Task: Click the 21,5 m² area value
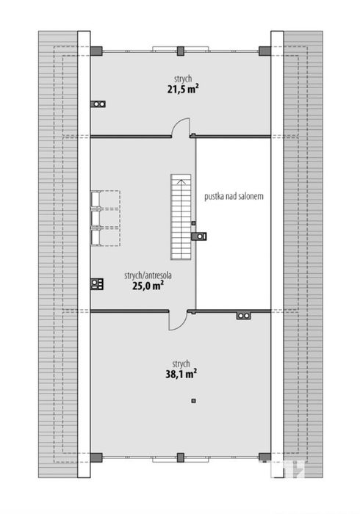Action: (184, 89)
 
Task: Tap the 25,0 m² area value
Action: (148, 286)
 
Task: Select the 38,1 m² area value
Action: (181, 374)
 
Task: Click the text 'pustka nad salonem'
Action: (234, 196)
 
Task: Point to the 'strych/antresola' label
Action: (148, 275)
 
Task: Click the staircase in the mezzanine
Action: (181, 217)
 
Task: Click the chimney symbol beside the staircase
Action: (199, 236)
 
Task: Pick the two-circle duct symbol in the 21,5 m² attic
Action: (98, 104)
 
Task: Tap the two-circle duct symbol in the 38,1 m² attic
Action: (244, 316)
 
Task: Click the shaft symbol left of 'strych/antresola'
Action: (97, 284)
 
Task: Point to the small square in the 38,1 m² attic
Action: (193, 400)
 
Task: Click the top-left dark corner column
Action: (96, 51)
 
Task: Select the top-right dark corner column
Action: (264, 51)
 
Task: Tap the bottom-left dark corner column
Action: (96, 457)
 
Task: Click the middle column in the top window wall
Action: (181, 51)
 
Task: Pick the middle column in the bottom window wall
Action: (181, 457)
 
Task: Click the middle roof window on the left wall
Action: (95, 218)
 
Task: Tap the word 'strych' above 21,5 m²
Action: (183, 79)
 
